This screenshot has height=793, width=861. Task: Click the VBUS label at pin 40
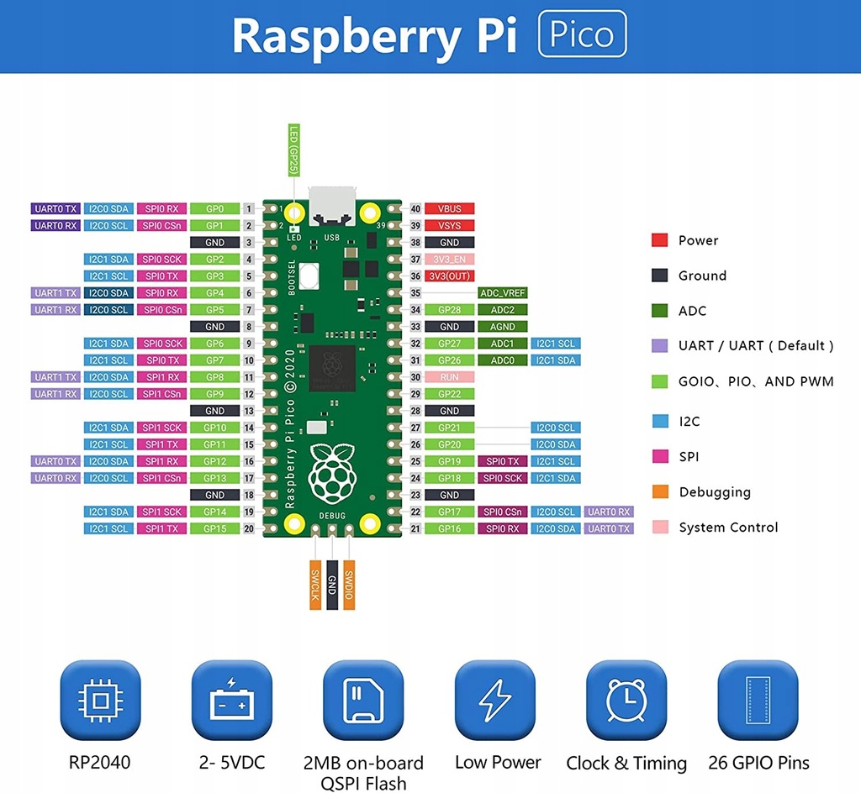tap(449, 208)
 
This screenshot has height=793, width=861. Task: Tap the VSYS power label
tap(449, 225)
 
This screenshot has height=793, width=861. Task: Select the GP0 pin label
tap(214, 208)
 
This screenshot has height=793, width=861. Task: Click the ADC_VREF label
tap(502, 292)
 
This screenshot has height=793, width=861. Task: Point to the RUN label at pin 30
tap(449, 377)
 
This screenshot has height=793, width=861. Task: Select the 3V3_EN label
tap(449, 259)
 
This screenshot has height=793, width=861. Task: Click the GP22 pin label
tap(449, 394)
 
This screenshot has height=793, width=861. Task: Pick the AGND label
tap(502, 326)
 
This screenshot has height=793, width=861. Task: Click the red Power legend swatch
tap(660, 240)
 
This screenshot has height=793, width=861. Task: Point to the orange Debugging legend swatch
tap(660, 492)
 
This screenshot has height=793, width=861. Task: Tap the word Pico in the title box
tap(582, 34)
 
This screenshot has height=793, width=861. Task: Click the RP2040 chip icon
tap(100, 700)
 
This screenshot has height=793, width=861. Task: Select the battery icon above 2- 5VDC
tap(231, 700)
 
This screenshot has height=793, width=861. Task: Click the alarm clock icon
tap(626, 700)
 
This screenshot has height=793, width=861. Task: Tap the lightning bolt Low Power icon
tap(495, 700)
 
